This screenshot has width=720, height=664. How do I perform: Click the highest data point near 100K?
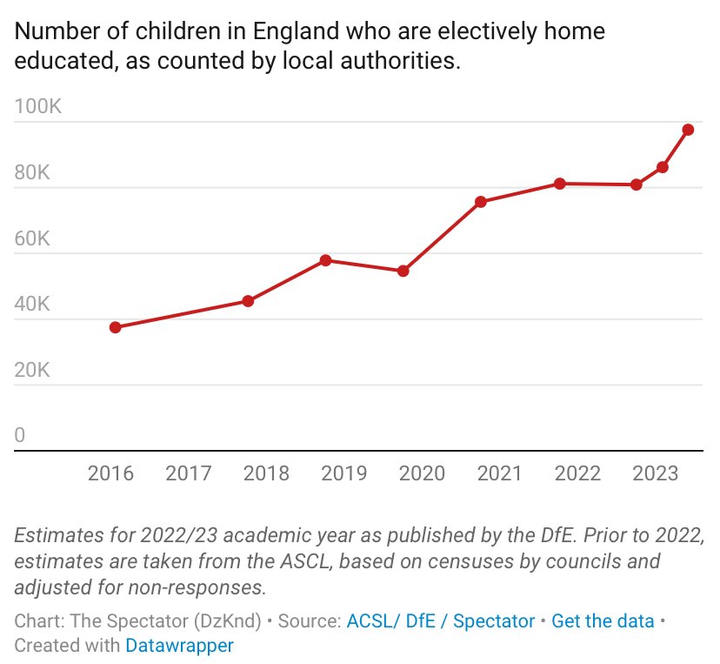pyautogui.click(x=688, y=130)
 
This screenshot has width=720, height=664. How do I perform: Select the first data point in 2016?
pyautogui.click(x=115, y=327)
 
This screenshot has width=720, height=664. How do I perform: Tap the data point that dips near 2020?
pyautogui.click(x=403, y=271)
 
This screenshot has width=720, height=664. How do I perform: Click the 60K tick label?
pyautogui.click(x=33, y=238)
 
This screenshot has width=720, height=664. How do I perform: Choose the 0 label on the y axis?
pyautogui.click(x=20, y=436)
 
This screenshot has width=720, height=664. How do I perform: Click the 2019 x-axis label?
pyautogui.click(x=343, y=473)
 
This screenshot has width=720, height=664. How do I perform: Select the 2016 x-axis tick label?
pyautogui.click(x=110, y=473)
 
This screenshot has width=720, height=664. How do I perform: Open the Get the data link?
pyautogui.click(x=603, y=621)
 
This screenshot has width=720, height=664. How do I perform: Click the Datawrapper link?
pyautogui.click(x=179, y=646)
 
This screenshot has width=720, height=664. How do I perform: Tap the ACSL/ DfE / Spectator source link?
pyautogui.click(x=440, y=621)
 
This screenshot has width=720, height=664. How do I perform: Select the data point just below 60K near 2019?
pyautogui.click(x=325, y=260)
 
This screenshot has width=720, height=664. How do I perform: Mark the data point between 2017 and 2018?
pyautogui.click(x=248, y=301)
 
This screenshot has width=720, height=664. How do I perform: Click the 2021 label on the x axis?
pyautogui.click(x=499, y=473)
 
